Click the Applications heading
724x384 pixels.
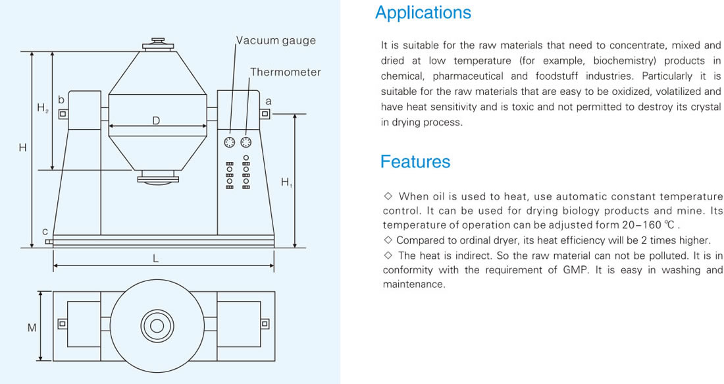click(423, 13)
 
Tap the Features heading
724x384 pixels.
click(415, 162)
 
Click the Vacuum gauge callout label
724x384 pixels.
click(276, 41)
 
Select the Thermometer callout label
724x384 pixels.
click(286, 72)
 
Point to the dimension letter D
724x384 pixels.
click(156, 121)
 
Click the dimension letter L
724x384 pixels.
click(155, 258)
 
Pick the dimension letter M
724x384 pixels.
click(32, 327)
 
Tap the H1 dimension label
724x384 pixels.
click(286, 182)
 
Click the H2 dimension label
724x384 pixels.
click(43, 108)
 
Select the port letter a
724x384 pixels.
click(269, 101)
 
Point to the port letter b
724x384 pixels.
click(61, 99)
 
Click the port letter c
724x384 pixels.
click(45, 231)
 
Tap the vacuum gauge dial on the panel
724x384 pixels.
click(230, 142)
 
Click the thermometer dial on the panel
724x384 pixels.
click(246, 142)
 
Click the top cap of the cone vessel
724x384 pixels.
click(159, 44)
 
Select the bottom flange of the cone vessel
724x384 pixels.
click(157, 177)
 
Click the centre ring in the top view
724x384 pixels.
click(157, 326)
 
